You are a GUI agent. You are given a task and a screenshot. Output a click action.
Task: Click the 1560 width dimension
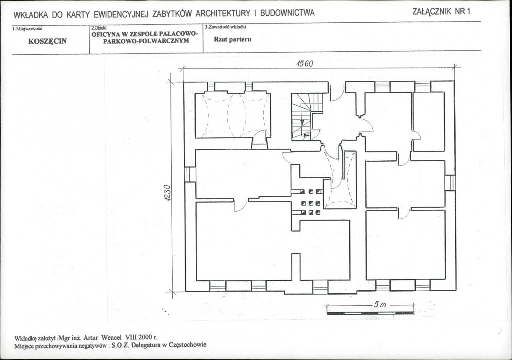point(305,64)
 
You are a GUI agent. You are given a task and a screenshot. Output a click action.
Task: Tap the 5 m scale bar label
point(380,304)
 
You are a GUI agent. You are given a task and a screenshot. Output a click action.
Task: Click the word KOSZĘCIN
point(47,41)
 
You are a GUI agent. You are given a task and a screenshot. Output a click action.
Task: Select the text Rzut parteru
point(232,39)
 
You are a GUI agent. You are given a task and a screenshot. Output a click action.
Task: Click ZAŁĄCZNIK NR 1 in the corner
point(441,12)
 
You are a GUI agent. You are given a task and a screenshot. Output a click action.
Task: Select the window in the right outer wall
point(450,183)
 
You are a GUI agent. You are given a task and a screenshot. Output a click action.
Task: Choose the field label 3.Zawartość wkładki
point(226,27)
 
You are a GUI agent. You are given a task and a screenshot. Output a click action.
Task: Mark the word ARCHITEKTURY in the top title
point(224,13)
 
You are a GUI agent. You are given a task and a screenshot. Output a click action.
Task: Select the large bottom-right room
point(406,245)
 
